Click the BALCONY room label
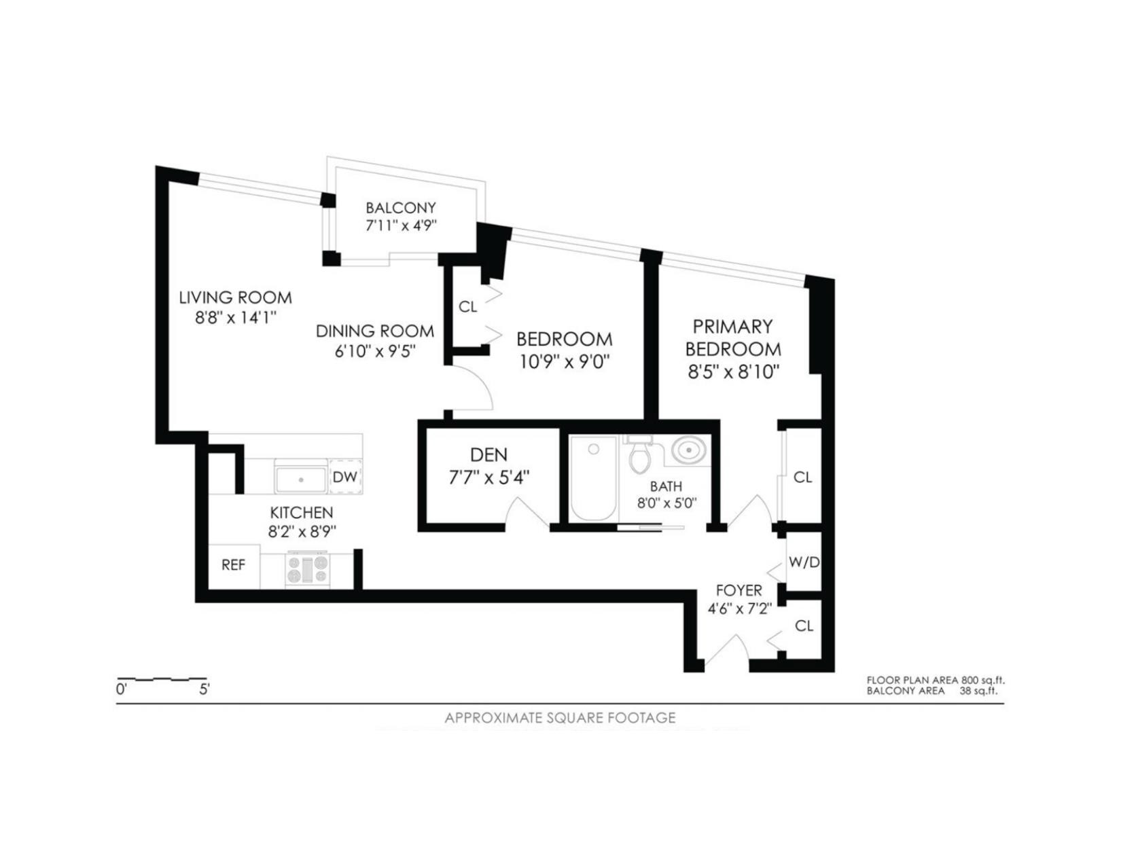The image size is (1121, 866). [400, 208]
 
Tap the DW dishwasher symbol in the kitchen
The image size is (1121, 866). [345, 477]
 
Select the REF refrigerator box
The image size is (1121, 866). [233, 565]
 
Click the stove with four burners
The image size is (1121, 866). [308, 569]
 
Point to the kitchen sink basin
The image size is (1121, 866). [300, 478]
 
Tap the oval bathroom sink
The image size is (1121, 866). [689, 450]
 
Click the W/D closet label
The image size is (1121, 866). [804, 562]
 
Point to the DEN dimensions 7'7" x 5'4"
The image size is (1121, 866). [488, 477]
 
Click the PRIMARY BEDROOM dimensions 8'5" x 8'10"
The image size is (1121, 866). [733, 372]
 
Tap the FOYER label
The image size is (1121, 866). [739, 590]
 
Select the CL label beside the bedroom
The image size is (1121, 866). [467, 307]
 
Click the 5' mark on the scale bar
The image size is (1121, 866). [204, 689]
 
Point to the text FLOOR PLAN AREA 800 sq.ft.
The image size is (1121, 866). [935, 680]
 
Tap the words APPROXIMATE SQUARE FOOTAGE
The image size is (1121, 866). [560, 718]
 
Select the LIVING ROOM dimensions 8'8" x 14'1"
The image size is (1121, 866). [235, 317]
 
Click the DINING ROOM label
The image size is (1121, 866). [374, 331]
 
